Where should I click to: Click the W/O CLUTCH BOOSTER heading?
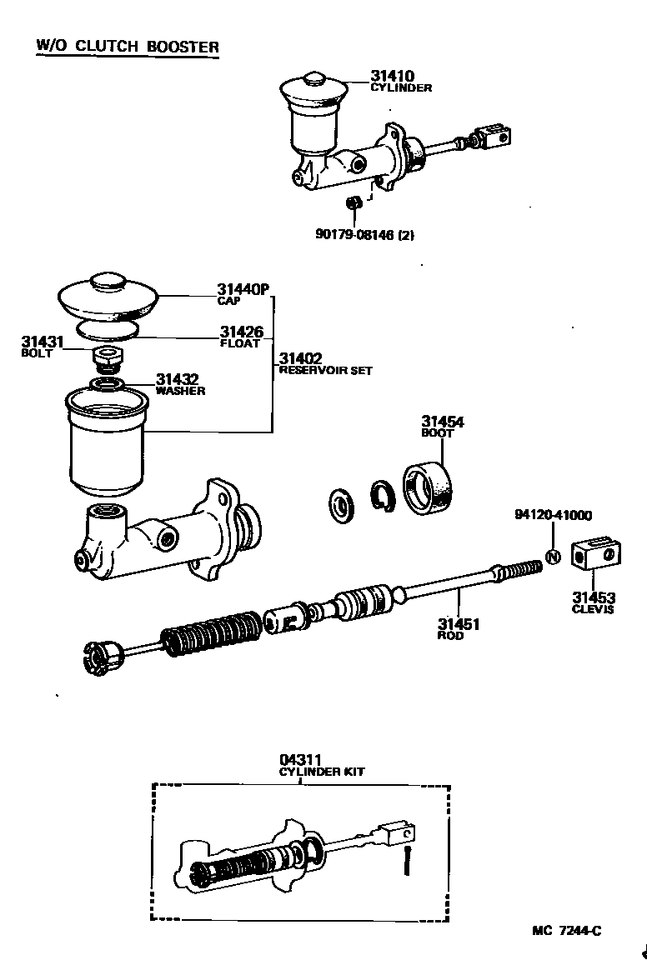[127, 46]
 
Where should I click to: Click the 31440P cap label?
[243, 290]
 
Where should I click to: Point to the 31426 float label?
[243, 332]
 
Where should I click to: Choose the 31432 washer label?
[178, 380]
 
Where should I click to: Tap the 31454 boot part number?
[443, 422]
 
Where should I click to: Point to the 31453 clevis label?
[594, 597]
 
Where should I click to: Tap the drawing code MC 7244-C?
[567, 931]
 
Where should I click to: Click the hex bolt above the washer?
[108, 360]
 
